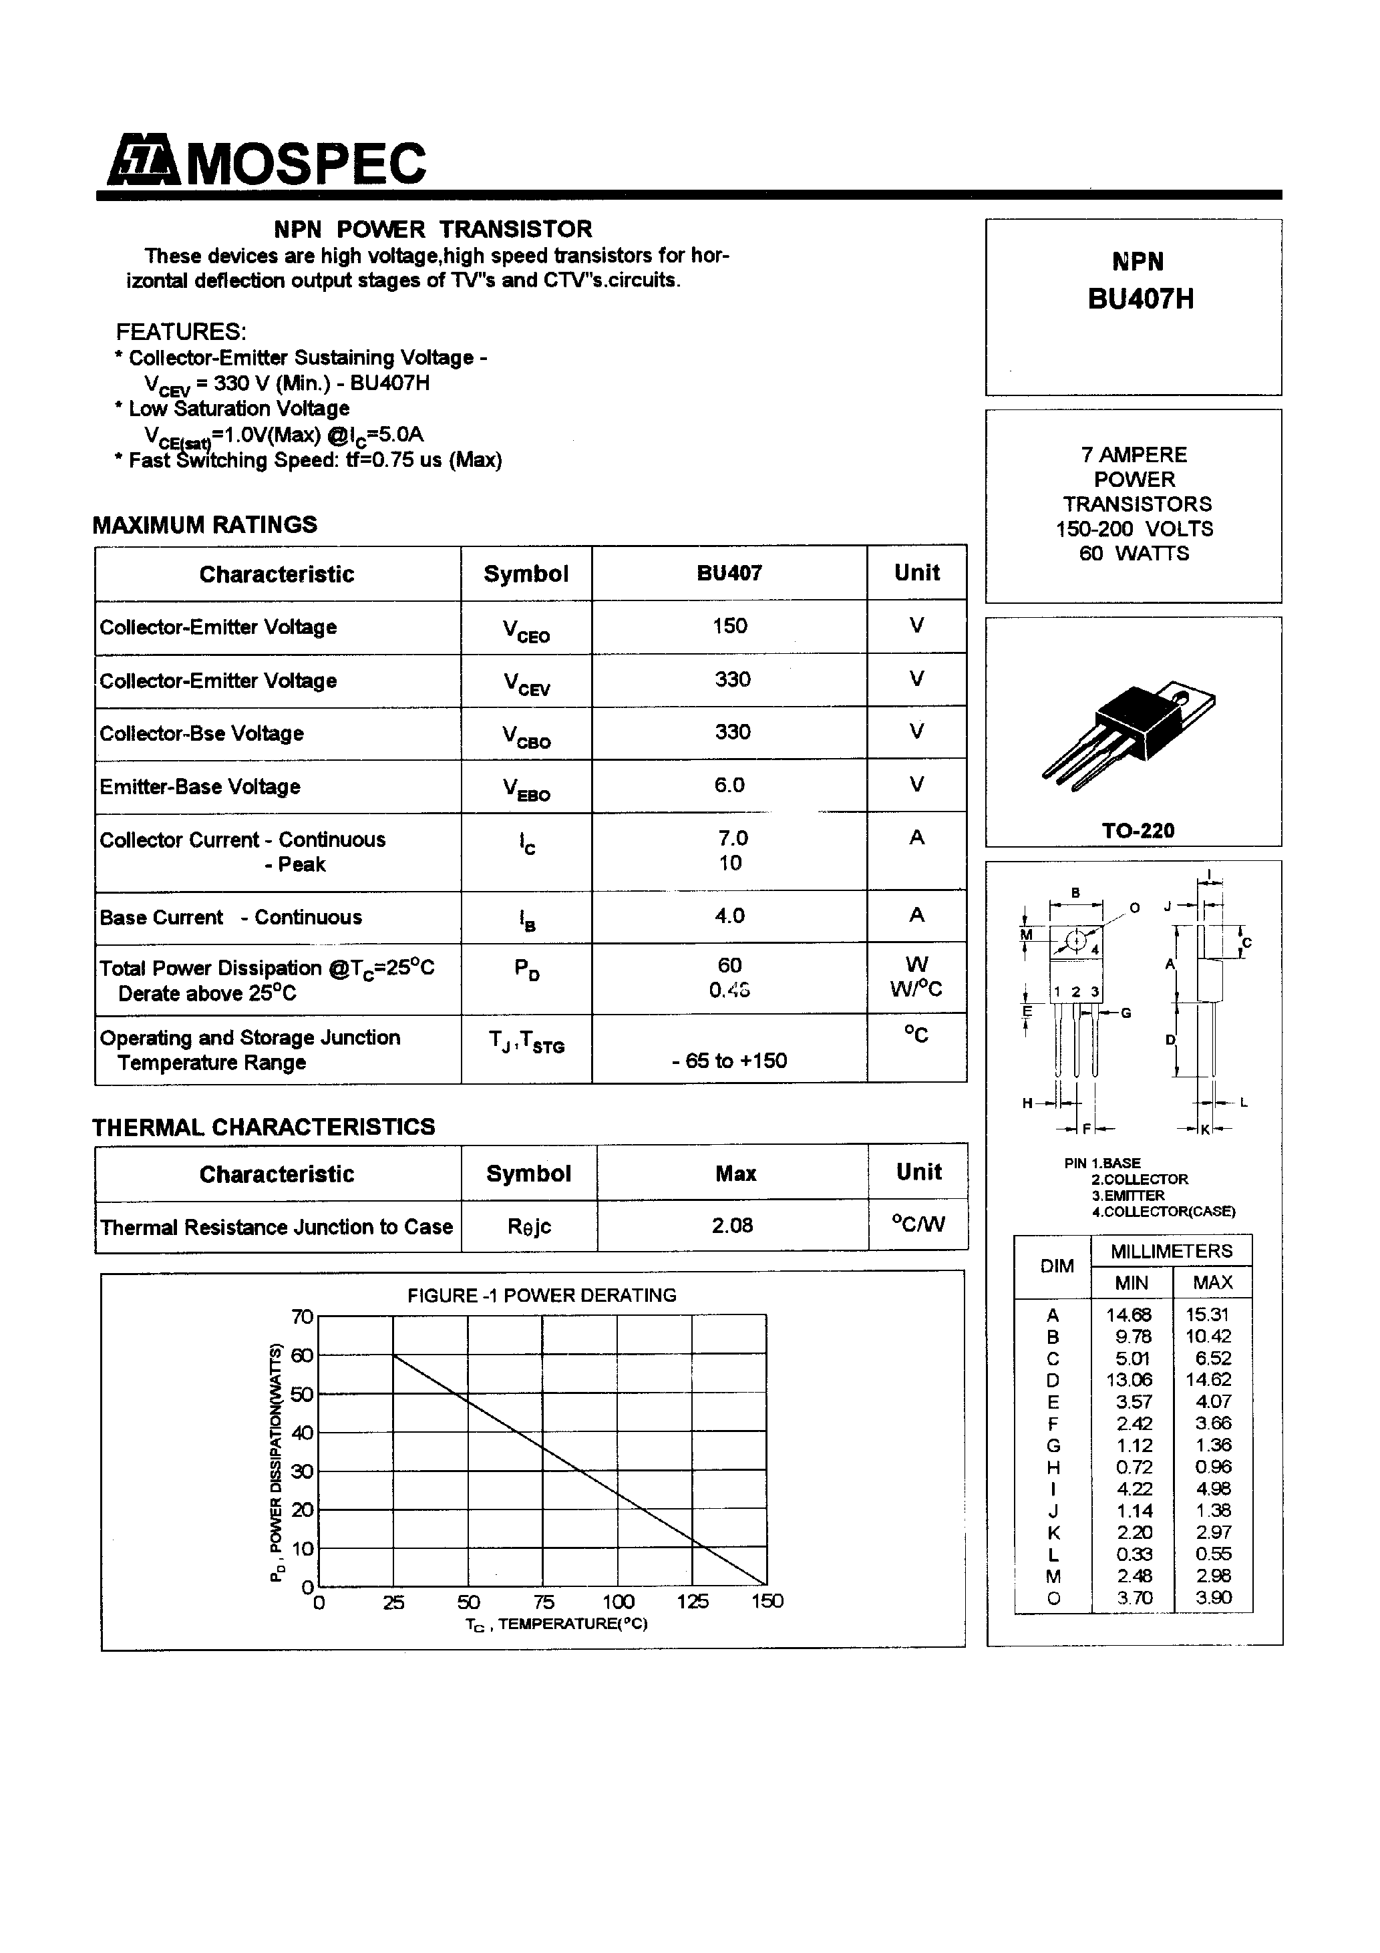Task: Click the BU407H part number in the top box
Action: (x=1140, y=299)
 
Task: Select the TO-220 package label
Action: (x=1138, y=830)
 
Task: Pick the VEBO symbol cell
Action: (x=526, y=787)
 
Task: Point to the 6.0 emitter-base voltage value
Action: (x=729, y=785)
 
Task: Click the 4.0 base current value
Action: (x=729, y=916)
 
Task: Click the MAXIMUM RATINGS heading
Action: (x=204, y=525)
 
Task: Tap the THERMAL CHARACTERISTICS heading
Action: (x=263, y=1127)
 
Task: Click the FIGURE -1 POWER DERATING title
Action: (x=541, y=1296)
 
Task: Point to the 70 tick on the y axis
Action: (x=302, y=1316)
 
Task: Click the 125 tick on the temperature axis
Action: (x=693, y=1601)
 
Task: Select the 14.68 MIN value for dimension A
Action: (x=1128, y=1315)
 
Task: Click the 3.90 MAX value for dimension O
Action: (x=1212, y=1598)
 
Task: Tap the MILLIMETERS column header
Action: (x=1171, y=1251)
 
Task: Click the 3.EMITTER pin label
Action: (x=1128, y=1195)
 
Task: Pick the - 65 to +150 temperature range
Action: (x=729, y=1061)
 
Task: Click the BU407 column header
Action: (x=729, y=573)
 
